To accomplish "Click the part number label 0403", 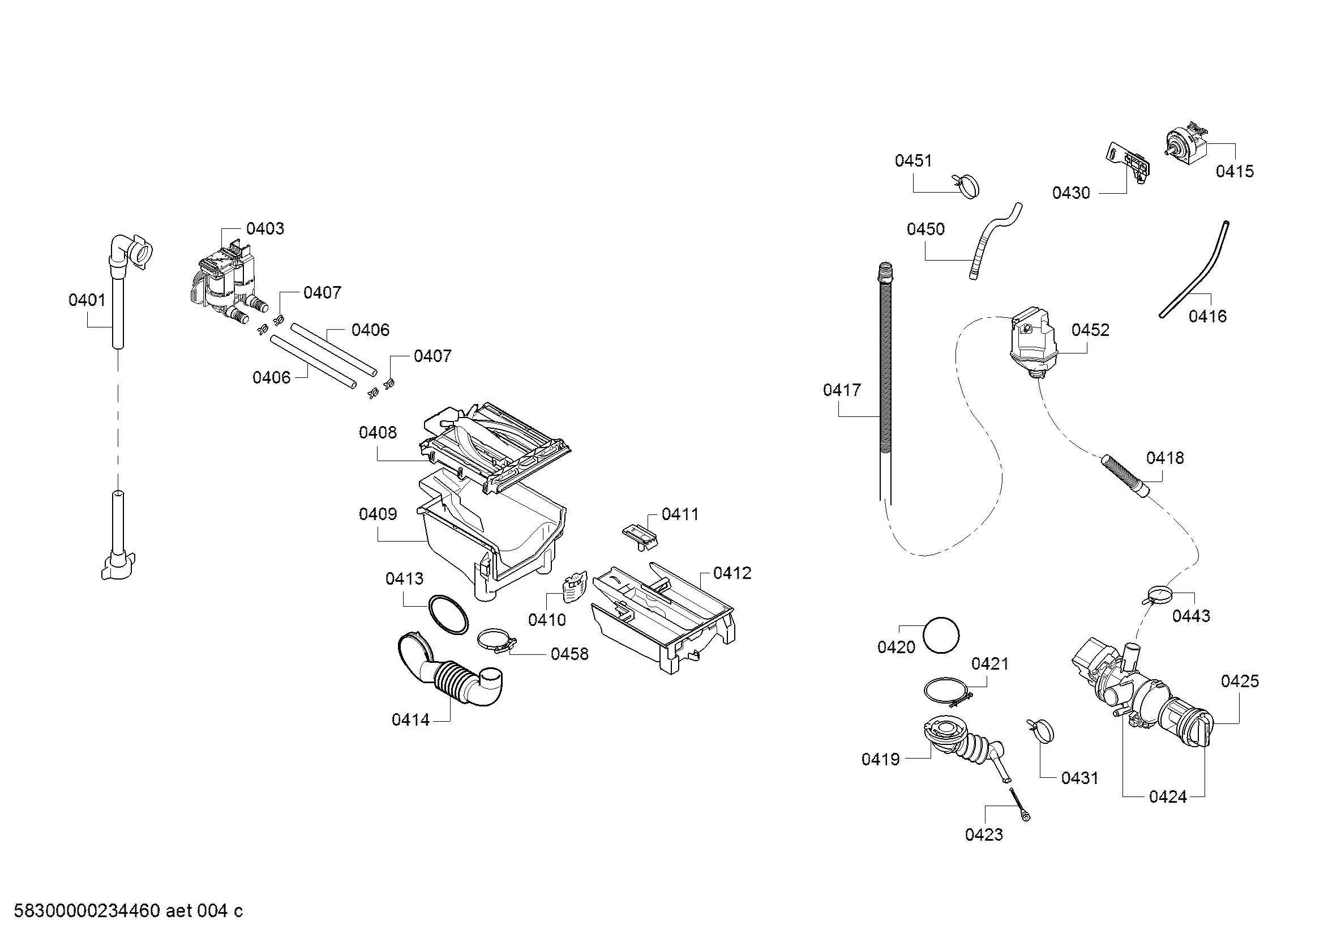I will pyautogui.click(x=265, y=229).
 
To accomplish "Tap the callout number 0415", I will pyautogui.click(x=1235, y=171).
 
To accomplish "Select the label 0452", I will pyautogui.click(x=1090, y=330).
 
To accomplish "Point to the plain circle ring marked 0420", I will pyautogui.click(x=941, y=635).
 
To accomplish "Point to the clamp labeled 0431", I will pyautogui.click(x=1040, y=731).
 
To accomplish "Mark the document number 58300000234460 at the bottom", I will pyautogui.click(x=87, y=911).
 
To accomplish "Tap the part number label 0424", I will pyautogui.click(x=1168, y=798).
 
